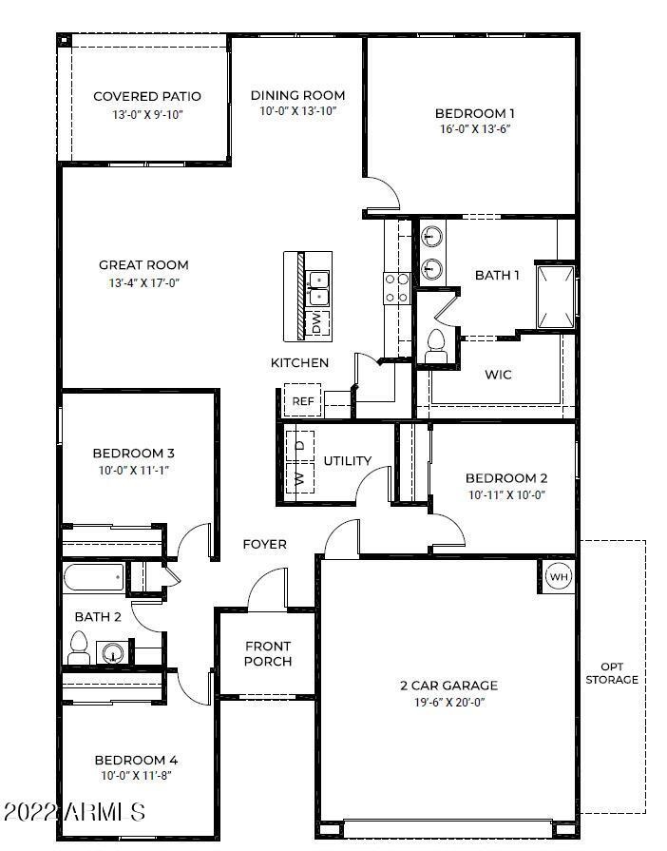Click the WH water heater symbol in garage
point(558,576)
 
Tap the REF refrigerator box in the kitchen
point(302,401)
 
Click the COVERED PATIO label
point(147,96)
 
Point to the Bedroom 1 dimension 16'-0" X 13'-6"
point(475,129)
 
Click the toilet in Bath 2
point(79,650)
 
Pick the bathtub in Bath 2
point(94,578)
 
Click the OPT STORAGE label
point(611,673)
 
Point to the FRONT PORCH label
point(268,654)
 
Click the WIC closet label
point(498,375)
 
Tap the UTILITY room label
point(348,461)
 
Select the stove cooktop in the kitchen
point(395,288)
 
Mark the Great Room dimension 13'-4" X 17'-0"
point(143,282)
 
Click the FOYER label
point(265,544)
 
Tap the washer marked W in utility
point(300,477)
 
